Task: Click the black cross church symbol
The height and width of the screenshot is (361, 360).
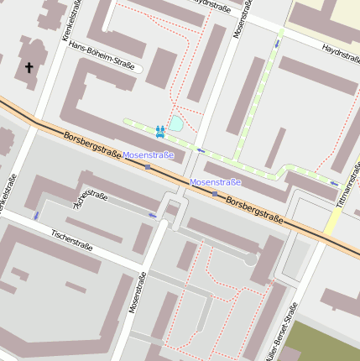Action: tap(29, 66)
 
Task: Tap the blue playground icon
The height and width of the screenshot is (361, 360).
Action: tap(159, 131)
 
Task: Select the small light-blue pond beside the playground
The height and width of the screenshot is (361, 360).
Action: tap(176, 124)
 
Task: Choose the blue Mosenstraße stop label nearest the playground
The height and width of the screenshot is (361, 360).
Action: tap(148, 155)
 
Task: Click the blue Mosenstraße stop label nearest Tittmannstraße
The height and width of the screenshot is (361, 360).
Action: tap(216, 182)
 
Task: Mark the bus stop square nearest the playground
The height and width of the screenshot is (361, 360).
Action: tap(149, 167)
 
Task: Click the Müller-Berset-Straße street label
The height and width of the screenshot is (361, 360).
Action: tap(281, 332)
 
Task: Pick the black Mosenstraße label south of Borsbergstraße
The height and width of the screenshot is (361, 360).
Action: tap(135, 285)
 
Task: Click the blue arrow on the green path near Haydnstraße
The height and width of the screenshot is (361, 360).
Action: tap(277, 42)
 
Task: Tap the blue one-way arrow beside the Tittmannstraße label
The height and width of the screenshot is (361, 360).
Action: tap(334, 183)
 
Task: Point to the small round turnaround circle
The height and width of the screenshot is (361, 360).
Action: tap(250, 260)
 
